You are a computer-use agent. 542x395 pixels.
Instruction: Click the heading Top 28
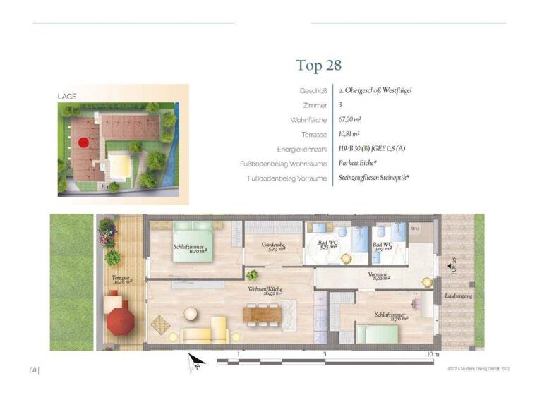tap(319, 66)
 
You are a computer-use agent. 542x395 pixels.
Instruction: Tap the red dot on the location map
tap(83, 142)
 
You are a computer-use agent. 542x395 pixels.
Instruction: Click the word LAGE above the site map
tap(67, 96)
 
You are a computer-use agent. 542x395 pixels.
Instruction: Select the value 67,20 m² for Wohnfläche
tap(350, 119)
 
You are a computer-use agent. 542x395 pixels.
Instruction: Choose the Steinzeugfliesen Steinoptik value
tap(374, 178)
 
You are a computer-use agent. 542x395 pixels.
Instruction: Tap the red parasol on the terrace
tap(120, 322)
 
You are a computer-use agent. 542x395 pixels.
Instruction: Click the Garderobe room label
tap(273, 246)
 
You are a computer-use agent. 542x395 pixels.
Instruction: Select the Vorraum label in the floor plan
tap(381, 276)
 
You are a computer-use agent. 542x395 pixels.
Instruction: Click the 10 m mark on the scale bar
tap(433, 354)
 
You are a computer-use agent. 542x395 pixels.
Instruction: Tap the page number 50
tap(33, 370)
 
